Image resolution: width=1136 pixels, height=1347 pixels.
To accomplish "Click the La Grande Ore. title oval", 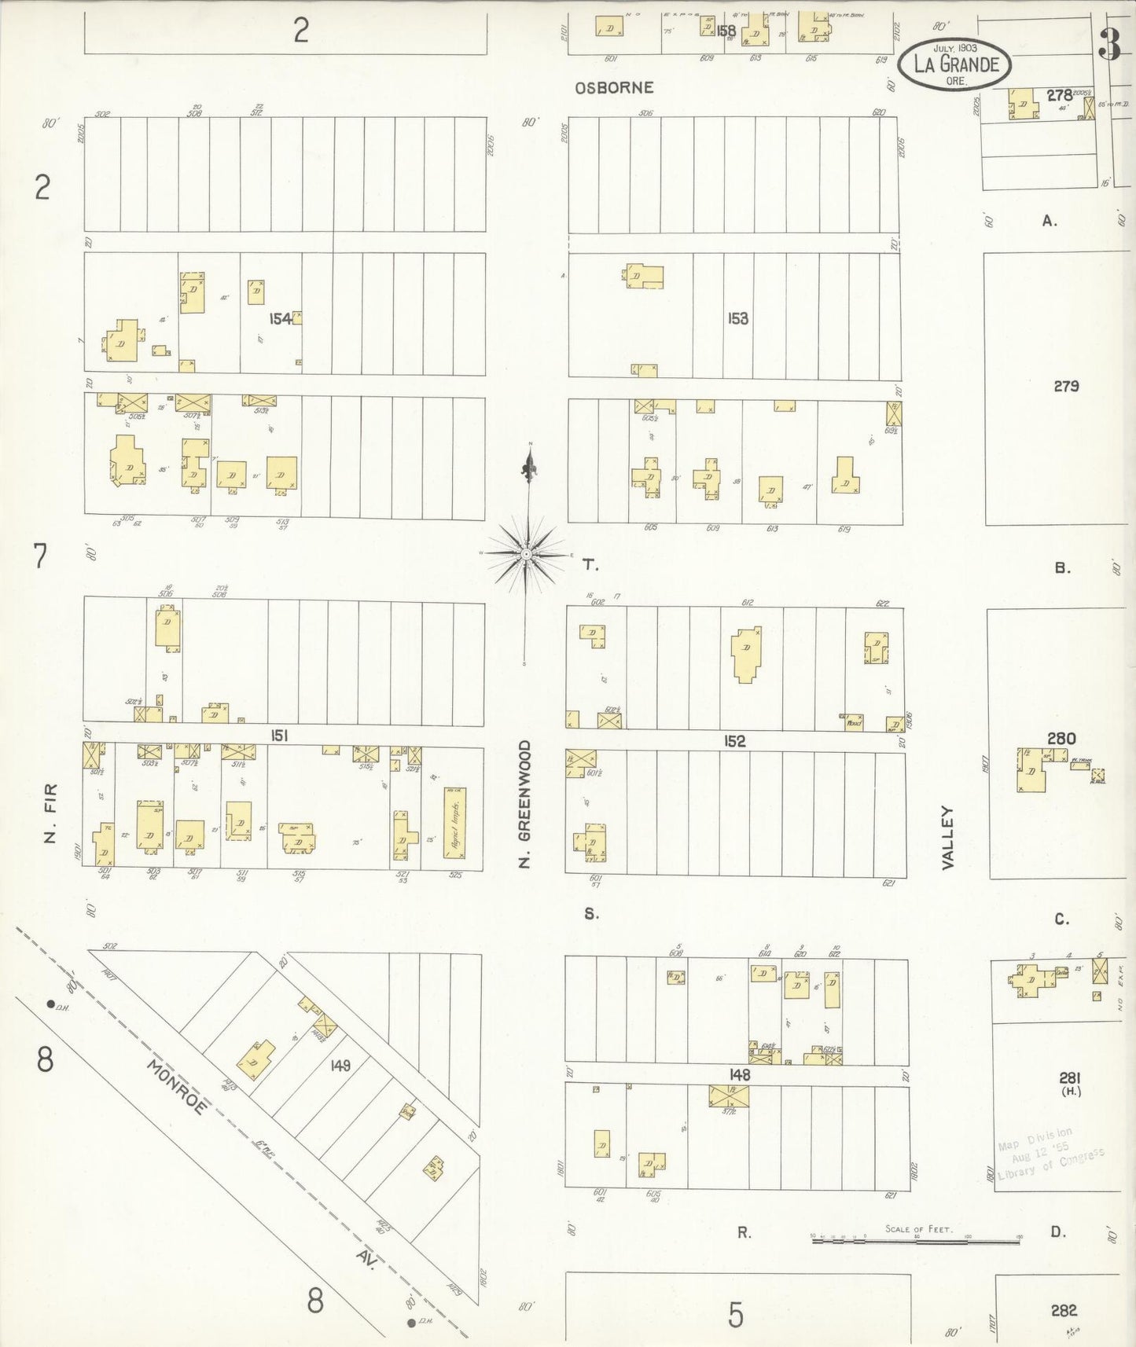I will (x=956, y=63).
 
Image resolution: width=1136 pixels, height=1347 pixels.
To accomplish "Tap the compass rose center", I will (x=526, y=554).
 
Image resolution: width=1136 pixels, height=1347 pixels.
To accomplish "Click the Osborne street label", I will (x=614, y=88).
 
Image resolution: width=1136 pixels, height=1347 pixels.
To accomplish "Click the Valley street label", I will (x=947, y=837).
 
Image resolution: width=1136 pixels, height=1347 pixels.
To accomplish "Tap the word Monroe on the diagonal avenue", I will (x=177, y=1087).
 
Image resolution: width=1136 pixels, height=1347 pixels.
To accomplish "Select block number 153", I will (x=737, y=318).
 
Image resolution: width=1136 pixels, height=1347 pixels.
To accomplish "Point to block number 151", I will (x=278, y=736).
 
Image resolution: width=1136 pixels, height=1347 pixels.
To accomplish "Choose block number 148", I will (x=739, y=1074).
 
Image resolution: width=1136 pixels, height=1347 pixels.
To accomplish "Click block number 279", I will (x=1066, y=386).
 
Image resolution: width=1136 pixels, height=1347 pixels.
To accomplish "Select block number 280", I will (x=1061, y=738).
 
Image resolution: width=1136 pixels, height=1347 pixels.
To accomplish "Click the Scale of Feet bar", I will (x=916, y=1240).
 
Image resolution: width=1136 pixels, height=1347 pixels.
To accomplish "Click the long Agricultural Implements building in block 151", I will (x=454, y=824).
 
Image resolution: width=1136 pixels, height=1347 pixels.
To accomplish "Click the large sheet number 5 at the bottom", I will (x=735, y=1314).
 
